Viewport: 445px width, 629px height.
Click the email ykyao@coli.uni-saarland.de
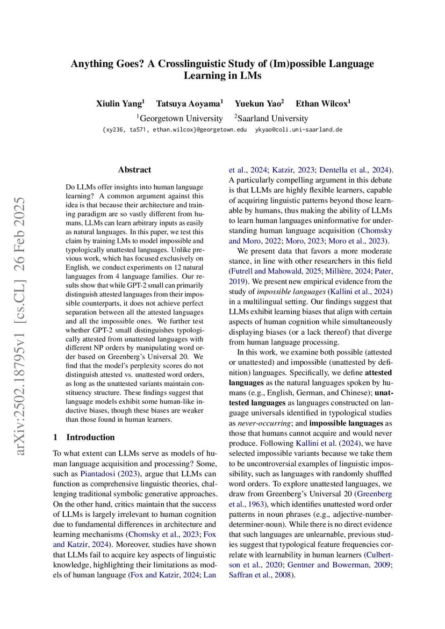[x=298, y=130]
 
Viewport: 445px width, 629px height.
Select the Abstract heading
[x=134, y=170]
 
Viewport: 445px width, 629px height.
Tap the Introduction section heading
[x=90, y=437]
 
